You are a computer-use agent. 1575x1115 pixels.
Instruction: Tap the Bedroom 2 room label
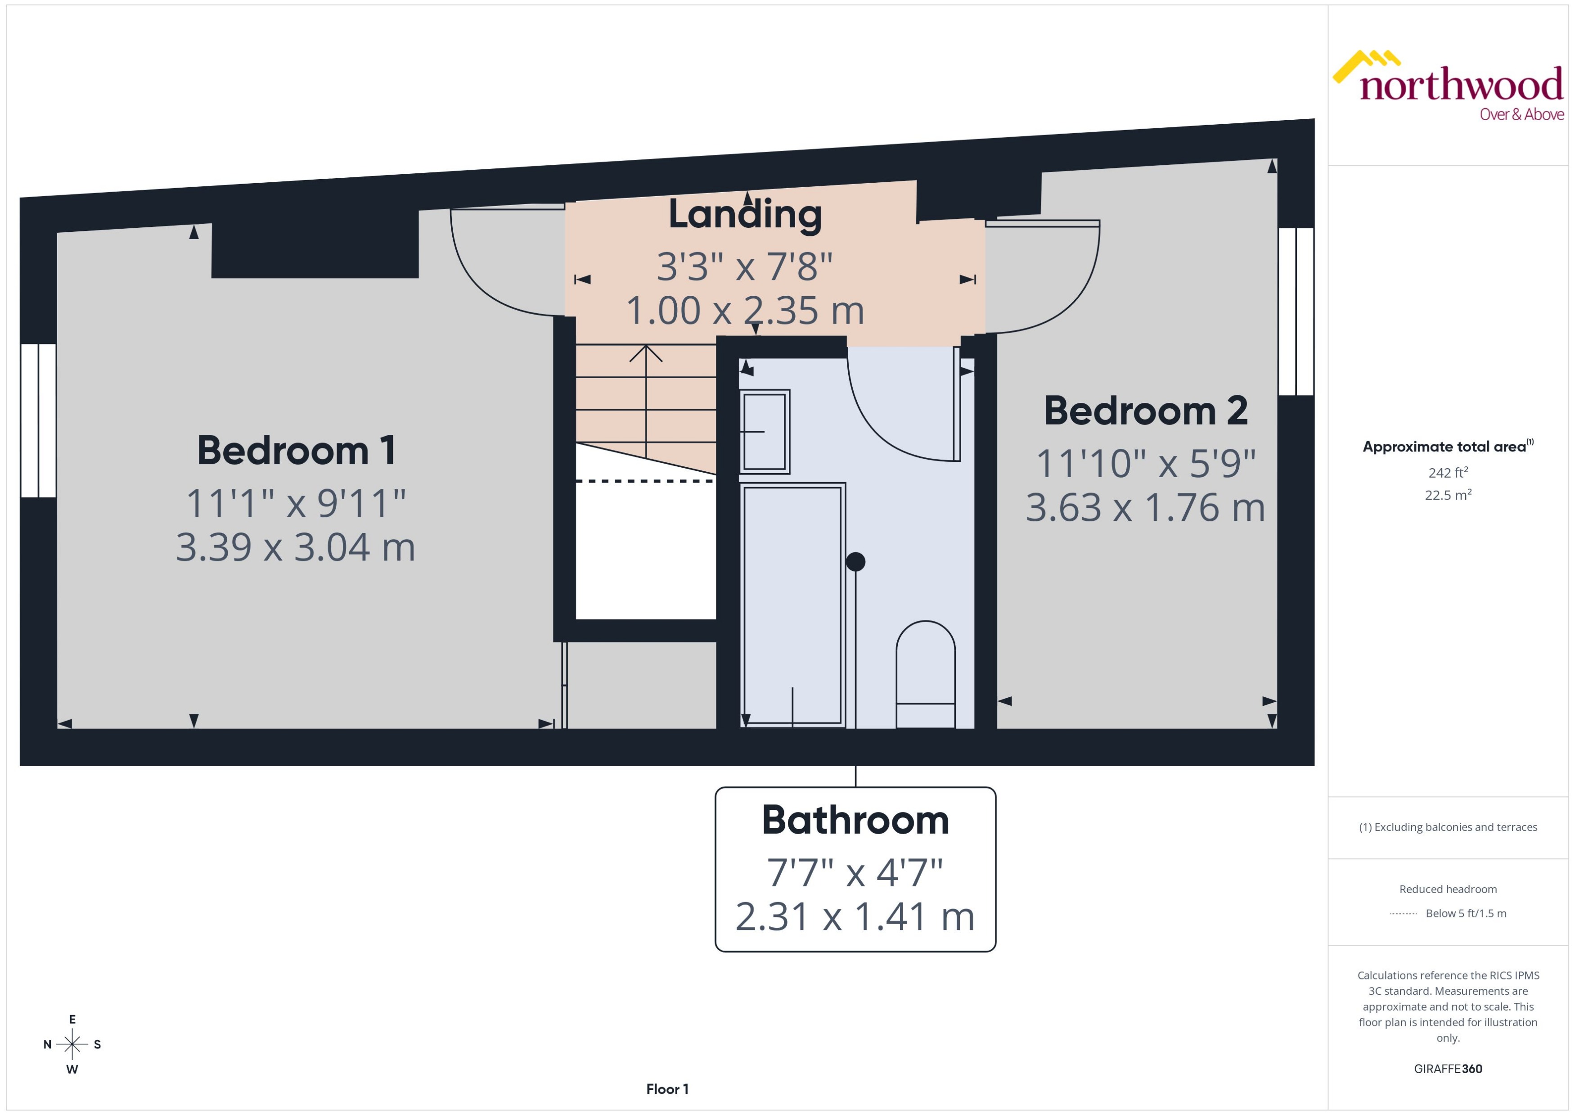tap(1145, 411)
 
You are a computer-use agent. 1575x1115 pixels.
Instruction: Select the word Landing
tap(745, 214)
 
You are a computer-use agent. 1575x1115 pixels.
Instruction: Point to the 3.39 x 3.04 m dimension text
tap(296, 547)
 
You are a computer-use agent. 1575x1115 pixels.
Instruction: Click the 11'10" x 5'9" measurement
tap(1145, 464)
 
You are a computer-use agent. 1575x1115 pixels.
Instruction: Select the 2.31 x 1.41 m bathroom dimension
tap(855, 916)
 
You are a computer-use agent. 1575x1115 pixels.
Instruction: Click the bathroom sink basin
tap(765, 432)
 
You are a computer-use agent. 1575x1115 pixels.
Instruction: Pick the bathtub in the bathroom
tap(792, 604)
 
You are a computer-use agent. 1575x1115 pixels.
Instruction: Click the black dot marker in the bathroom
tap(855, 562)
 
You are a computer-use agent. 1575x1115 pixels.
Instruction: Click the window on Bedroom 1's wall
tap(38, 420)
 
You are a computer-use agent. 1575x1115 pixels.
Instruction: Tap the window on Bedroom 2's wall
tap(1296, 311)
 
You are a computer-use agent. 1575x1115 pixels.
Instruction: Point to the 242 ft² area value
tap(1448, 472)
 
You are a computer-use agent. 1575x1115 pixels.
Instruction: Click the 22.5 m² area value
tap(1448, 495)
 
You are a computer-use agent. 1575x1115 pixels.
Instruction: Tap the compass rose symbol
tap(72, 1044)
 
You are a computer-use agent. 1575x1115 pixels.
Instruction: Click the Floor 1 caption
tap(667, 1089)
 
